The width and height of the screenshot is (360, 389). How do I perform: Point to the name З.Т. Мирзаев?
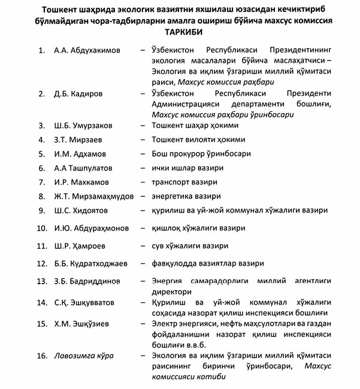click(80, 140)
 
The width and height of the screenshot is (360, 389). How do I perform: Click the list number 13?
click(42, 281)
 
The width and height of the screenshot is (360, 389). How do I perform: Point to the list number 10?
click(42, 228)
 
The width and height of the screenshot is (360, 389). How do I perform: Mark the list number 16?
click(42, 355)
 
